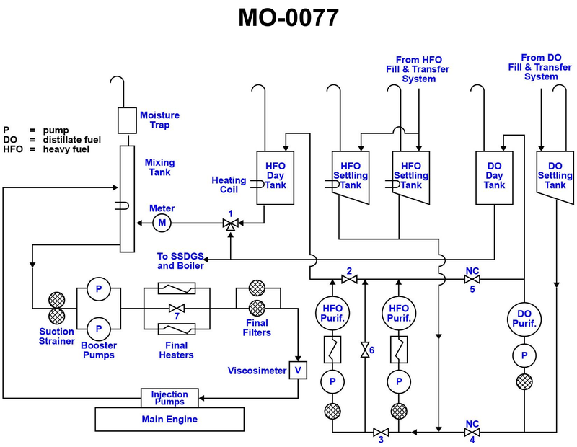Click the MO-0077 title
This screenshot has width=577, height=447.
[x=288, y=17]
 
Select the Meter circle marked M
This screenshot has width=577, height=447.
[x=162, y=223]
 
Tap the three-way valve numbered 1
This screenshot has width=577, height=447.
[x=230, y=225]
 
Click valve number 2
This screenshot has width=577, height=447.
[x=349, y=280]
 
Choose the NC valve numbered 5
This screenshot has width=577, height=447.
[x=472, y=280]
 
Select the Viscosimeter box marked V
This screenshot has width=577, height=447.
[x=298, y=371]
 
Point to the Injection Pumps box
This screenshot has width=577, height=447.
[x=169, y=398]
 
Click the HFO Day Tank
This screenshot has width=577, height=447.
[x=275, y=179]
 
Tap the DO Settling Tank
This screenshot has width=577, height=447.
[x=555, y=176]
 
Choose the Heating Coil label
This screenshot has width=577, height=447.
[x=229, y=185]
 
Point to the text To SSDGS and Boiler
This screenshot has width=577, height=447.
[x=180, y=260]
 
